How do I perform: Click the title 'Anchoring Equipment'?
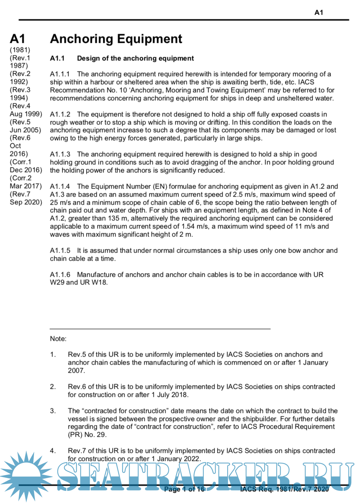click(116, 39)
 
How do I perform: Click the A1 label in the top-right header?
click(319, 12)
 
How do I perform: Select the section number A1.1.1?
click(60, 74)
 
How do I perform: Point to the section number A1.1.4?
click(60, 186)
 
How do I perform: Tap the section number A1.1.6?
click(60, 275)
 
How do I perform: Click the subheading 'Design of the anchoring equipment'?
click(135, 58)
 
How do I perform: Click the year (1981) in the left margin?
click(20, 50)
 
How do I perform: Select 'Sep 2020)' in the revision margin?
click(26, 202)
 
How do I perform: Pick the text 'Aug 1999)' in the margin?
click(26, 114)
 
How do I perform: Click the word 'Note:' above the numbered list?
click(58, 339)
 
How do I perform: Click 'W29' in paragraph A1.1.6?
click(57, 282)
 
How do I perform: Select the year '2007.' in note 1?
click(76, 370)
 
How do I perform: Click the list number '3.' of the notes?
click(53, 411)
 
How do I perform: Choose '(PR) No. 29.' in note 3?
click(87, 435)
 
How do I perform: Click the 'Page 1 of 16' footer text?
click(184, 489)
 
